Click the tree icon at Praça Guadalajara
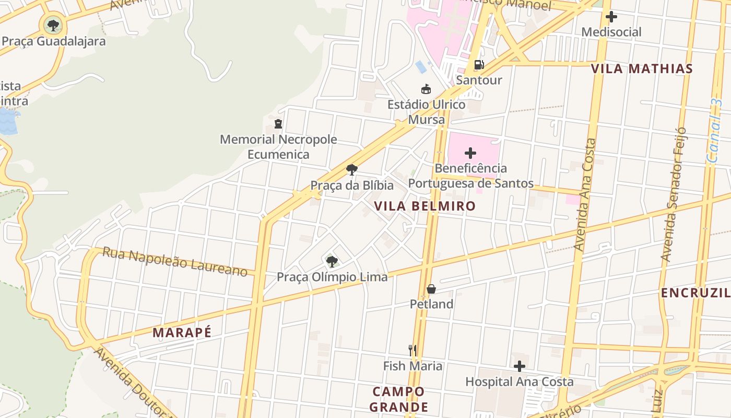pos(53,24)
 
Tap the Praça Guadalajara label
pos(54,41)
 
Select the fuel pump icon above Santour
pos(479,65)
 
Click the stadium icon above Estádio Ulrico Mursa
pos(426,89)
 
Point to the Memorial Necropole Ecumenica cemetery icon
pos(278,124)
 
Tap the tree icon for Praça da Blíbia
pos(352,169)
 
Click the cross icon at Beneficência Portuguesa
pos(470,153)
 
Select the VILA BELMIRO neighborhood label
pos(425,206)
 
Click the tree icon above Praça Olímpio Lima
pos(332,261)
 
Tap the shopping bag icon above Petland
pos(431,289)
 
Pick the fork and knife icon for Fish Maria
pos(412,350)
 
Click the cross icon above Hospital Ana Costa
pos(519,366)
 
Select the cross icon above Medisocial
pos(611,17)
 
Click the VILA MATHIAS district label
pos(642,68)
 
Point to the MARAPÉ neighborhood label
pos(182,332)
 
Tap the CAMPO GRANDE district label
pos(399,399)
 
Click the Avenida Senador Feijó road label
pos(673,194)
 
